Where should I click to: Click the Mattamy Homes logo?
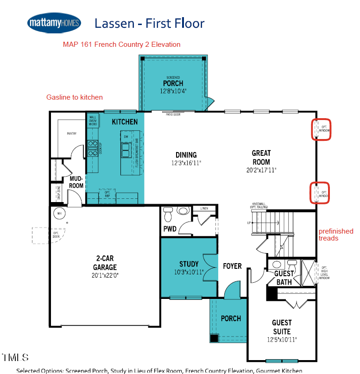54,23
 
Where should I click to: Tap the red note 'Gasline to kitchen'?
75,97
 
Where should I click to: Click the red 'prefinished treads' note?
336,235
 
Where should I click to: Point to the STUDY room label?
189,265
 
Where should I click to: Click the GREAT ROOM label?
261,158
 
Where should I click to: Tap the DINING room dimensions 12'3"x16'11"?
186,163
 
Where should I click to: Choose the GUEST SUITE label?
282,327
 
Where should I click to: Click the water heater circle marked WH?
59,214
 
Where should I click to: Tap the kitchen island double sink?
126,150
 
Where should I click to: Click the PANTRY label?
71,133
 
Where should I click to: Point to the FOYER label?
232,266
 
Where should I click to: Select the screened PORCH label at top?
173,83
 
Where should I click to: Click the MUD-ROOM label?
76,182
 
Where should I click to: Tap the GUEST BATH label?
284,278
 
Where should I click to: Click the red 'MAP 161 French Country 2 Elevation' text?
121,44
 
